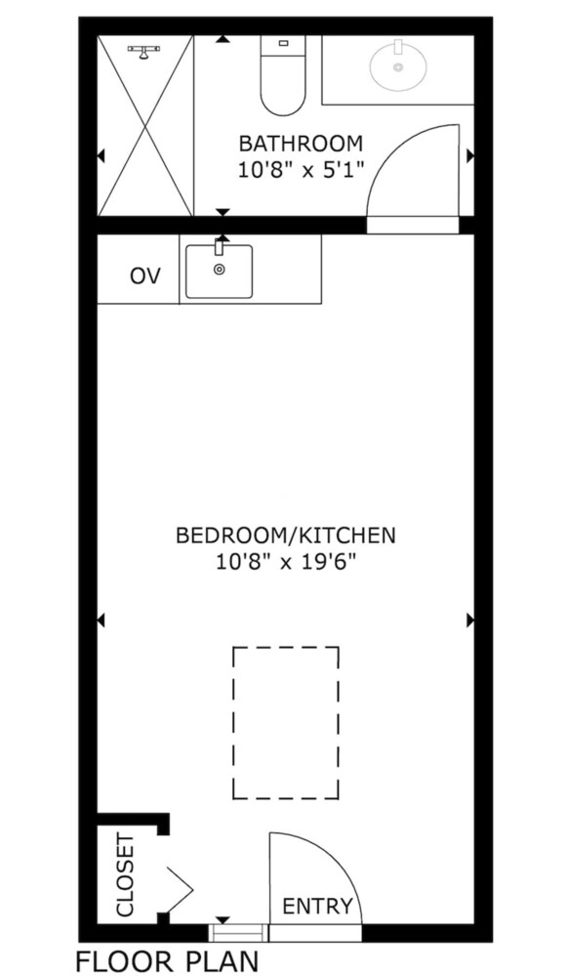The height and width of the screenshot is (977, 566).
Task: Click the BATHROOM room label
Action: (x=301, y=144)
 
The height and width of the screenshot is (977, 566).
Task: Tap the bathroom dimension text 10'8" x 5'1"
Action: (x=301, y=170)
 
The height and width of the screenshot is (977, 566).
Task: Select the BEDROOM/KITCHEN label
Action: (x=286, y=535)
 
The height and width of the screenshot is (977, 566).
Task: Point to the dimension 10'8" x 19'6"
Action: (x=286, y=563)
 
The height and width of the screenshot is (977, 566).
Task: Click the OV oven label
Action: (x=145, y=276)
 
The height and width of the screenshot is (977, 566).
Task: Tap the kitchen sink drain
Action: (x=219, y=270)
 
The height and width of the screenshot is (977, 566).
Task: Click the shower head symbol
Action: (x=143, y=52)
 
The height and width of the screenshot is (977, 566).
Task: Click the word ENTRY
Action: (x=317, y=906)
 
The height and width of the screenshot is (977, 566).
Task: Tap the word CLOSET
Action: (x=126, y=875)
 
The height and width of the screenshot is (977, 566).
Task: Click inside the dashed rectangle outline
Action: (x=286, y=723)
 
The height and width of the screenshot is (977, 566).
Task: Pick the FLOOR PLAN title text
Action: (x=166, y=961)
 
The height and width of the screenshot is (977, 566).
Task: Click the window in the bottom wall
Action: (x=238, y=933)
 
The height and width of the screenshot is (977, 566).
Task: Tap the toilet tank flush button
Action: (x=283, y=43)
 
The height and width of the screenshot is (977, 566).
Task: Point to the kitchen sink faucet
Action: (x=219, y=245)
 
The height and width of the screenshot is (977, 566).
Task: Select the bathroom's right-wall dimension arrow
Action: (x=470, y=155)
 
